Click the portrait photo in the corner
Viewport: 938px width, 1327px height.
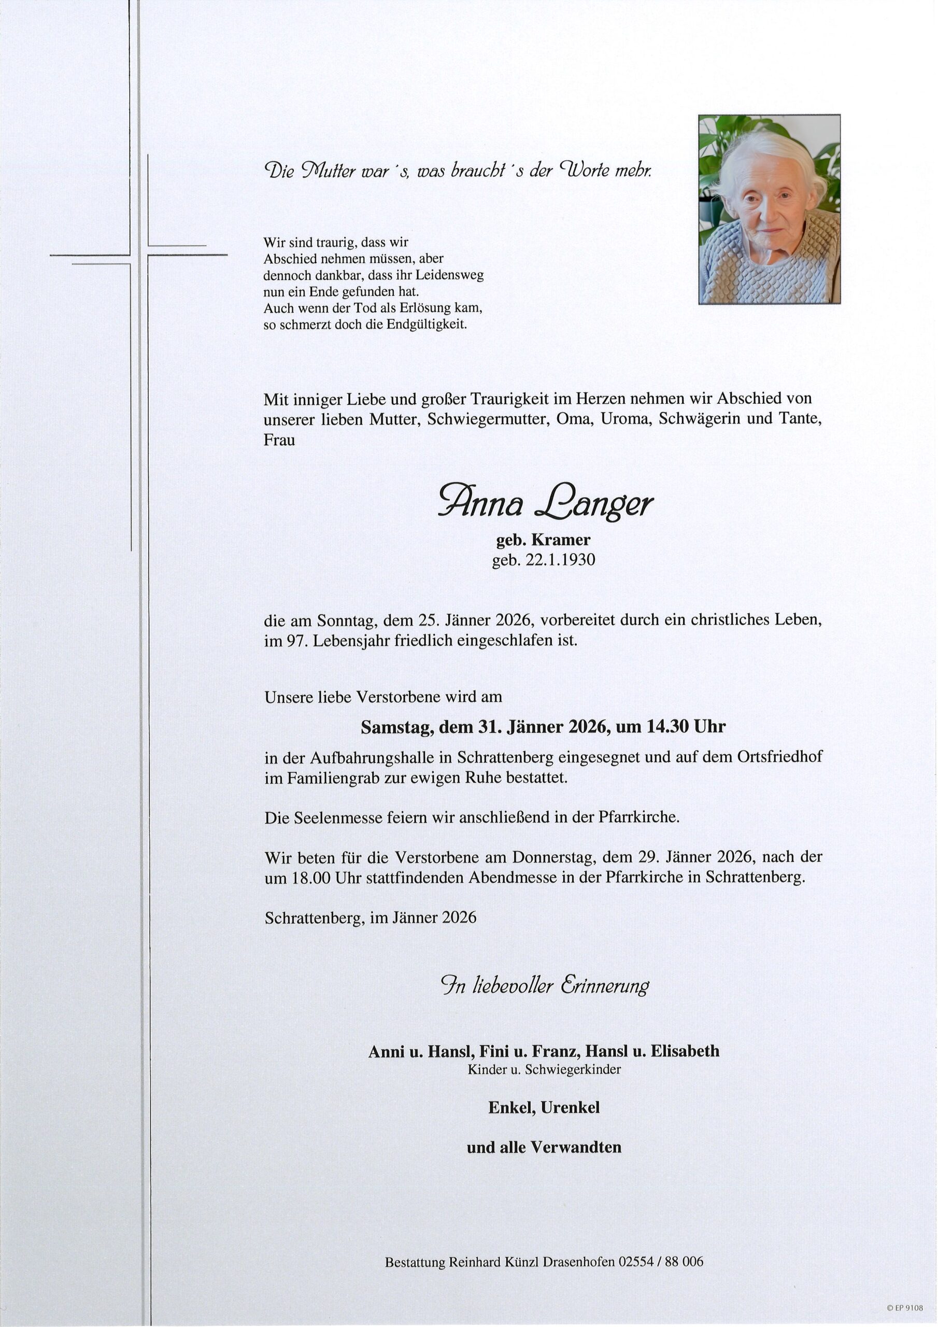click(769, 209)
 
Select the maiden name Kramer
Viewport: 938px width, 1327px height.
click(561, 540)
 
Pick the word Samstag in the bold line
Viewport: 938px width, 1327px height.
click(395, 727)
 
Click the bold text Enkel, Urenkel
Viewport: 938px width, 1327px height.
click(544, 1107)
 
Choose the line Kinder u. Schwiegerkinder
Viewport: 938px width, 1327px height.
click(544, 1069)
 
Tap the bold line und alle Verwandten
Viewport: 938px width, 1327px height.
click(544, 1147)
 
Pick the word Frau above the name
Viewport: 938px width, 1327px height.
click(280, 439)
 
